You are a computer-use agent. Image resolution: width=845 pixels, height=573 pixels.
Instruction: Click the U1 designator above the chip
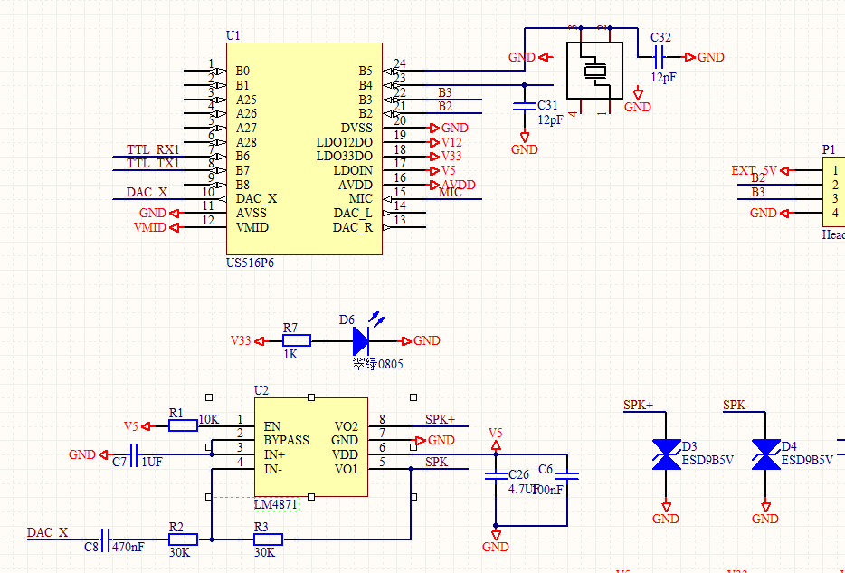pyautogui.click(x=233, y=35)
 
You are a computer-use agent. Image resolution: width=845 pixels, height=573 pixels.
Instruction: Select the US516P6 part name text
pyautogui.click(x=250, y=263)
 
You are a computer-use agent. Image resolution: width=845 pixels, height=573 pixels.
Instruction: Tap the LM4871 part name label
pyautogui.click(x=276, y=504)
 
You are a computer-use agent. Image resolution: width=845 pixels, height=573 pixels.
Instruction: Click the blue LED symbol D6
pyautogui.click(x=362, y=340)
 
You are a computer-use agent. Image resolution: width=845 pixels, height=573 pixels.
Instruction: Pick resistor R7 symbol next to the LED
pyautogui.click(x=297, y=340)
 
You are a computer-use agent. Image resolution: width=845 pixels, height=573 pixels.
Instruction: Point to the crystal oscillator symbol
pyautogui.click(x=594, y=71)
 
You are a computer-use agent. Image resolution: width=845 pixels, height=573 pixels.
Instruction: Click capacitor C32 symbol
pyautogui.click(x=660, y=57)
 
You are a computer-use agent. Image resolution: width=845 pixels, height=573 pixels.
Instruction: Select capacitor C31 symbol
pyautogui.click(x=525, y=106)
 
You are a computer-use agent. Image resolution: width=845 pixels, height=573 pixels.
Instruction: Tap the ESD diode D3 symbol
pyautogui.click(x=667, y=454)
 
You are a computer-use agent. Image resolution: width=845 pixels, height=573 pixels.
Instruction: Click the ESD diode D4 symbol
pyautogui.click(x=766, y=454)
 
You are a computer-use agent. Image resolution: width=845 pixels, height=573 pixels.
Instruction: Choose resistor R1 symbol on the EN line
pyautogui.click(x=183, y=425)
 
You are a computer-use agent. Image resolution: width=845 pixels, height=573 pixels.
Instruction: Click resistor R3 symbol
pyautogui.click(x=268, y=540)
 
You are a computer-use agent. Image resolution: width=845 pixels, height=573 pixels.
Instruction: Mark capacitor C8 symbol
pyautogui.click(x=106, y=540)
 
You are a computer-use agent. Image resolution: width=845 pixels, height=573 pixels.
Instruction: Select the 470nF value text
pyautogui.click(x=128, y=548)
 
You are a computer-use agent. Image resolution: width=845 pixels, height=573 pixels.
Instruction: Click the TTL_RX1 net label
pyautogui.click(x=153, y=149)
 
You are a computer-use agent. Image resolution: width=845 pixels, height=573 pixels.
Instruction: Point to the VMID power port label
pyautogui.click(x=150, y=227)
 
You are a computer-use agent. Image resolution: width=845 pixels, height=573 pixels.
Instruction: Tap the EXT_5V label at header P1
pyautogui.click(x=754, y=170)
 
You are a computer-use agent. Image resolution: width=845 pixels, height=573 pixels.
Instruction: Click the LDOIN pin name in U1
pyautogui.click(x=353, y=170)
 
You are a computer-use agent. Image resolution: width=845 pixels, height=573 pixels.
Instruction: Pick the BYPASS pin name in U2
pyautogui.click(x=286, y=440)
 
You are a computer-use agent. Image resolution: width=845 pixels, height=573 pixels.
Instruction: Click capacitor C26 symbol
pyautogui.click(x=495, y=475)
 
